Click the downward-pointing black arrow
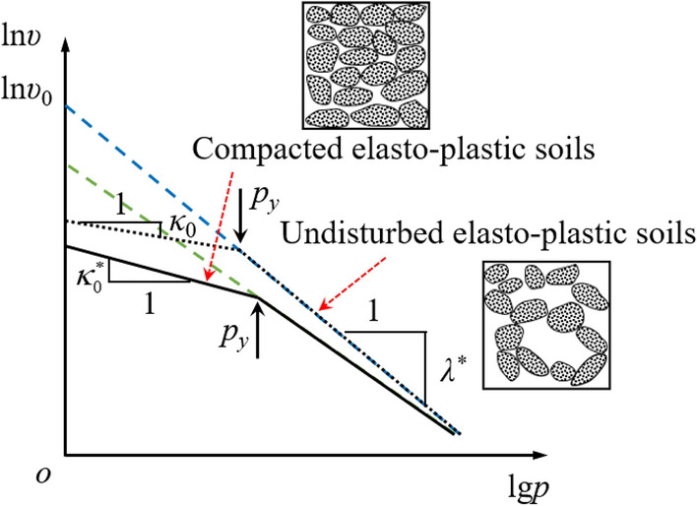pos(242,223)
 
